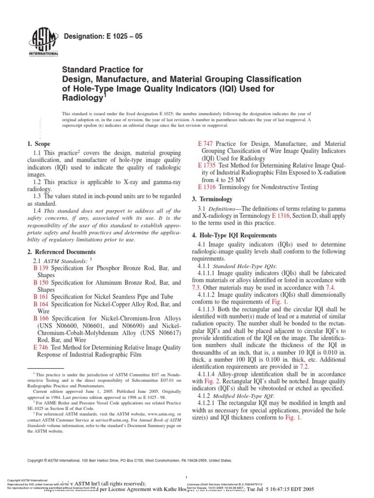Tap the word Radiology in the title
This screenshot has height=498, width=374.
pos(82,97)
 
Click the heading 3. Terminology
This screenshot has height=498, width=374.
pos(215,199)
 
